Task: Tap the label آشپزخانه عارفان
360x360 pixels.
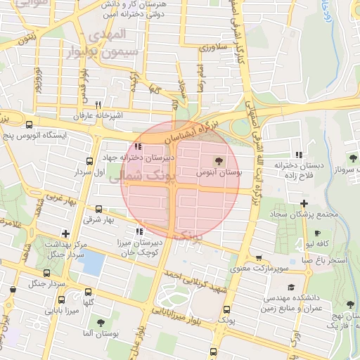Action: (x=98, y=115)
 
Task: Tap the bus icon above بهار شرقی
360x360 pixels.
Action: (x=98, y=209)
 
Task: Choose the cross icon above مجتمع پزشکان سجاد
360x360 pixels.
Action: (x=303, y=203)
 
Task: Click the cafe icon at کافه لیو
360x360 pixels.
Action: (x=318, y=233)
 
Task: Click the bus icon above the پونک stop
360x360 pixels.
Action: (x=226, y=309)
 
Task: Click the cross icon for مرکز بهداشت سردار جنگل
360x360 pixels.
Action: (x=65, y=233)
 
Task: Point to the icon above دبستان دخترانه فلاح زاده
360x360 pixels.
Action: (x=299, y=155)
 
